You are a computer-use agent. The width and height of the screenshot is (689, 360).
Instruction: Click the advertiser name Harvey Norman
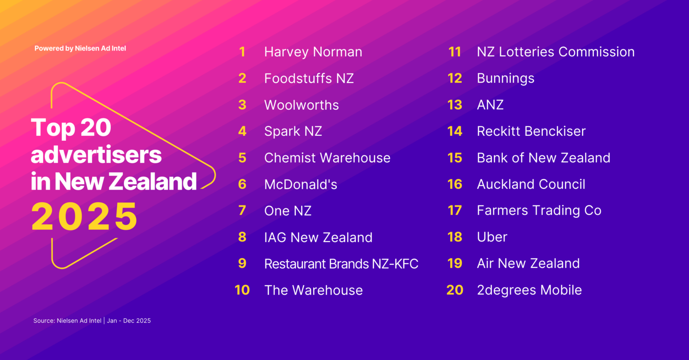313,52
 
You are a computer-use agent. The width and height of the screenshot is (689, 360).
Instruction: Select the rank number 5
242,158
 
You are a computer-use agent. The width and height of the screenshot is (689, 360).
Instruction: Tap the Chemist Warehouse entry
327,158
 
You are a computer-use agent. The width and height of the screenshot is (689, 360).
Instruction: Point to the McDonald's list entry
301,184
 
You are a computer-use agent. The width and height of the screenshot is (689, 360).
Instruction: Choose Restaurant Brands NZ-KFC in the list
341,264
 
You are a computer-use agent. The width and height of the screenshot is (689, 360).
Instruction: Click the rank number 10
242,290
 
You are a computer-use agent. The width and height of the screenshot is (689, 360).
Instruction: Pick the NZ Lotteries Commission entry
555,52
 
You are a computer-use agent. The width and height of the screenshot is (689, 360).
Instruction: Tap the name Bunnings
506,79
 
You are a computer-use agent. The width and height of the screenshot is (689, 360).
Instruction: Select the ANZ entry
490,105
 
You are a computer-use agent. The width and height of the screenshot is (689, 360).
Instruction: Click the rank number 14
454,131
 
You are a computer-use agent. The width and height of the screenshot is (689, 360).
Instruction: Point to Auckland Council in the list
531,184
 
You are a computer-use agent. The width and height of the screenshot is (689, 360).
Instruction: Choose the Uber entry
492,237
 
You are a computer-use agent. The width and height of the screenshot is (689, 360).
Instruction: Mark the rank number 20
454,290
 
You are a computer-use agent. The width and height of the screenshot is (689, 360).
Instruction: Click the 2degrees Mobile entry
529,291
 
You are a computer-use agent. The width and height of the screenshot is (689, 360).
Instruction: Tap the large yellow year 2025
84,217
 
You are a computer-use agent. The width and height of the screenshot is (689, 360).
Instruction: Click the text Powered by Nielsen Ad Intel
80,48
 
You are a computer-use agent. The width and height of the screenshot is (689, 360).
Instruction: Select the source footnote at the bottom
92,321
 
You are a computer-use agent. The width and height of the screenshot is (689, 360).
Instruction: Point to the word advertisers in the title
96,155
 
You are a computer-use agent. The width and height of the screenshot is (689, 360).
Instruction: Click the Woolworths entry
301,105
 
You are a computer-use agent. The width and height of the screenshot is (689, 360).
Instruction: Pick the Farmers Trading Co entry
539,211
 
